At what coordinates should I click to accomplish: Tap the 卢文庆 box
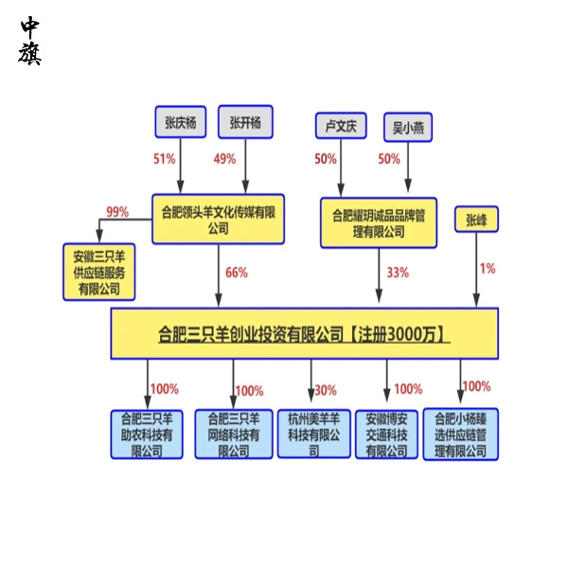tap(340, 126)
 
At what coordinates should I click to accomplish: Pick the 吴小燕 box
tap(408, 126)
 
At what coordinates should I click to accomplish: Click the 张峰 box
tap(476, 220)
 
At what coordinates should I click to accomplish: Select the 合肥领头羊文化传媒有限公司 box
tap(219, 219)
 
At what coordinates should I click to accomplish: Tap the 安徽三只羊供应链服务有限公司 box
tap(99, 272)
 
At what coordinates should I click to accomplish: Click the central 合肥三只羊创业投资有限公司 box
tap(304, 333)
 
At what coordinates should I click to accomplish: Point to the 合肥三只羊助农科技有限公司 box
tap(147, 434)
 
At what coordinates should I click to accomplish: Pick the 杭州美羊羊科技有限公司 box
tap(313, 434)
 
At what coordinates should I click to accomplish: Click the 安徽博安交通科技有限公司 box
tap(387, 434)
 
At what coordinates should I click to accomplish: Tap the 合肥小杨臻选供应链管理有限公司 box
tap(460, 434)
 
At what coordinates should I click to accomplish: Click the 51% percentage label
tap(165, 159)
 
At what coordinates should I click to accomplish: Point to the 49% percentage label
tap(224, 159)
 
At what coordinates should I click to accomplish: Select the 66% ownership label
tap(237, 273)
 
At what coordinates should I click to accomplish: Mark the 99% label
tap(117, 211)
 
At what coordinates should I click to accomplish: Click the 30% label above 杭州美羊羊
tap(326, 389)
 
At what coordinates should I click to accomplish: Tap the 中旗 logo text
tap(30, 42)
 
